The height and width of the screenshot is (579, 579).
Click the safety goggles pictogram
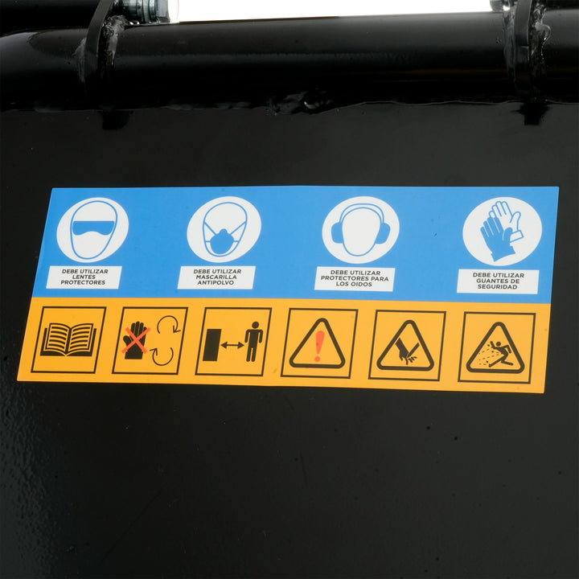[x=92, y=230]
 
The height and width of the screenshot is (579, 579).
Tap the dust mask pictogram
[x=224, y=229]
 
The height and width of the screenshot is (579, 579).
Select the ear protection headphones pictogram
[x=360, y=230]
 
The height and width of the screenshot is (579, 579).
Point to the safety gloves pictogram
[x=502, y=231]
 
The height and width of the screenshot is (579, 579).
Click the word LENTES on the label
[x=84, y=277]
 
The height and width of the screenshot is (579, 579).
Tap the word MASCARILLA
[x=216, y=277]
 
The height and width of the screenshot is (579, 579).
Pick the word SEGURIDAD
[x=498, y=286]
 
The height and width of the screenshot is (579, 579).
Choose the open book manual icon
[x=68, y=339]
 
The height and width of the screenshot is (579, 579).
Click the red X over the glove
[x=136, y=339]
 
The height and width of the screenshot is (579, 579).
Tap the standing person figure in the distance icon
[x=253, y=342]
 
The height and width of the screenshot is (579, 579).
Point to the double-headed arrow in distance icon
[x=232, y=345]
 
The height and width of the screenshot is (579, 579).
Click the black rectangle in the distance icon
[x=211, y=345]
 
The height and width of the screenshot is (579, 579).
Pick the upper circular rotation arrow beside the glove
[x=169, y=324]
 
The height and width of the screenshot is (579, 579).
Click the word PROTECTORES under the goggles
[x=83, y=282]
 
